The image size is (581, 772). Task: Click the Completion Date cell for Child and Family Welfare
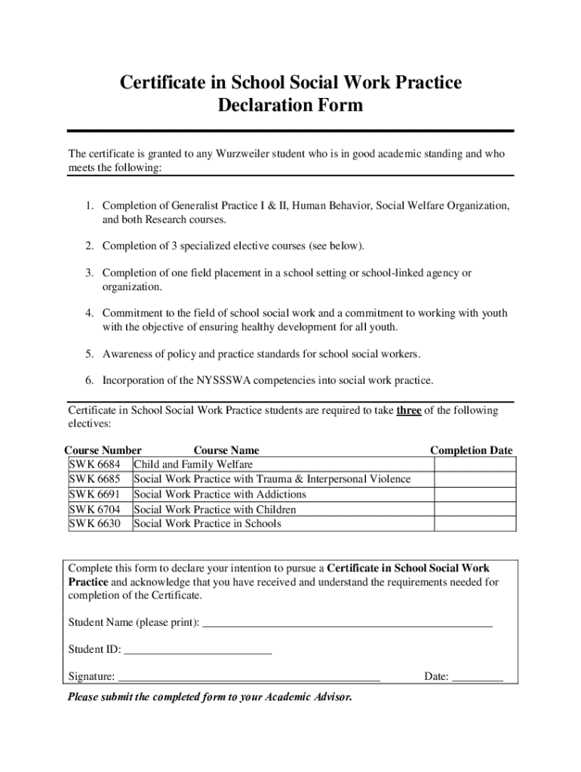(x=475, y=464)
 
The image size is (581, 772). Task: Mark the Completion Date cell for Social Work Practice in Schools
(x=475, y=524)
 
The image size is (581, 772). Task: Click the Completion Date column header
(x=471, y=451)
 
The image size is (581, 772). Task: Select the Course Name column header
(x=226, y=451)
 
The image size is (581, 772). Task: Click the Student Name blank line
(x=348, y=624)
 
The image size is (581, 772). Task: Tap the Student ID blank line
(x=197, y=651)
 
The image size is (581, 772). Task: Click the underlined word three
(x=408, y=411)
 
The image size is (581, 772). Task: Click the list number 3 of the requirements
(x=88, y=273)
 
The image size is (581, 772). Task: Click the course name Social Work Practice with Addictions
(x=220, y=495)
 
